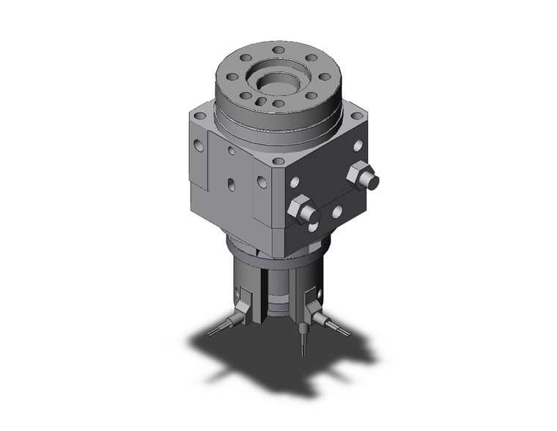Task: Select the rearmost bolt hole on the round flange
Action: pos(279,51)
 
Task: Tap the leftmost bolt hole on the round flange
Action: pos(230,75)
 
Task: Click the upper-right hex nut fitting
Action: pos(362,177)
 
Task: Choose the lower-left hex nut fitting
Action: pos(303,210)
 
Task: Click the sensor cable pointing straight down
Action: pos(303,341)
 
